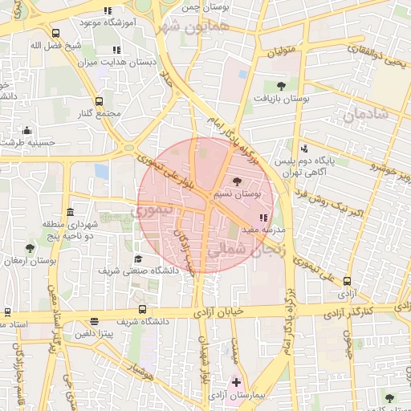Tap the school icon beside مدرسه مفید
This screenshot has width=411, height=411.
point(263,218)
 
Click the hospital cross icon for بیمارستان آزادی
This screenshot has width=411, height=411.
point(235,384)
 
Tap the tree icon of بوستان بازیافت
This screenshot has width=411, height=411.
point(279,85)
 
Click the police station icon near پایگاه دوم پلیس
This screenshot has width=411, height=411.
point(304,149)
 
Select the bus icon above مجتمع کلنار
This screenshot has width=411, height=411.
point(99,102)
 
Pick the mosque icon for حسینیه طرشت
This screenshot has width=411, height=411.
point(28,131)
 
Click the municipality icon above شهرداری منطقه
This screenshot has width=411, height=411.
point(71,213)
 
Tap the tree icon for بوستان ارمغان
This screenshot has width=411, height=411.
point(30,249)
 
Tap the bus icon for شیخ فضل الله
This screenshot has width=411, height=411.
point(55,34)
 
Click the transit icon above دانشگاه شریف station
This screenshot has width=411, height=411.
point(142,309)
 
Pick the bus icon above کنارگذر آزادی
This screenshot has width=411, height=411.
point(347,281)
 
